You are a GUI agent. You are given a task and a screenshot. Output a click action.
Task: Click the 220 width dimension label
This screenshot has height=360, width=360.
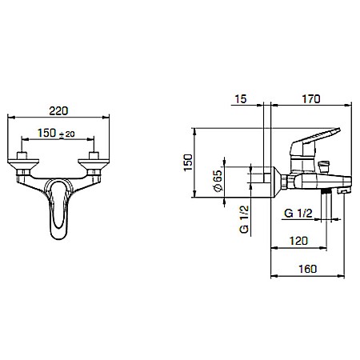(x=58, y=110)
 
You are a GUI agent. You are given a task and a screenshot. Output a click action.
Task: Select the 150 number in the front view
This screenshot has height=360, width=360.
(x=46, y=133)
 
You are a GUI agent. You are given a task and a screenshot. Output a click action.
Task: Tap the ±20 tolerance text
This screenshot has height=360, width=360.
(x=66, y=134)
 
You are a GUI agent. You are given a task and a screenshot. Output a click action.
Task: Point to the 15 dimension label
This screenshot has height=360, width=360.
(x=241, y=99)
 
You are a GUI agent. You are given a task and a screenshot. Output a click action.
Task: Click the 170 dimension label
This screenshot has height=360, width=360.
(x=311, y=99)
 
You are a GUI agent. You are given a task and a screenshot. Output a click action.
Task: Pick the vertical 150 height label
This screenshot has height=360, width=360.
(x=188, y=162)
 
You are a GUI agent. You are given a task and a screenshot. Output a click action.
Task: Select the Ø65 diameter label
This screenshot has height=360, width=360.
(x=218, y=181)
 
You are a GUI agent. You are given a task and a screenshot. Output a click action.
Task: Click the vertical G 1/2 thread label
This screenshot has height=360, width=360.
(x=244, y=219)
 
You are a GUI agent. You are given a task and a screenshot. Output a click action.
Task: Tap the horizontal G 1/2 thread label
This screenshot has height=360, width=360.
(x=298, y=214)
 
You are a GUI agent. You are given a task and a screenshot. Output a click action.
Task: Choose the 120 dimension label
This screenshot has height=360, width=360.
(x=298, y=241)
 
